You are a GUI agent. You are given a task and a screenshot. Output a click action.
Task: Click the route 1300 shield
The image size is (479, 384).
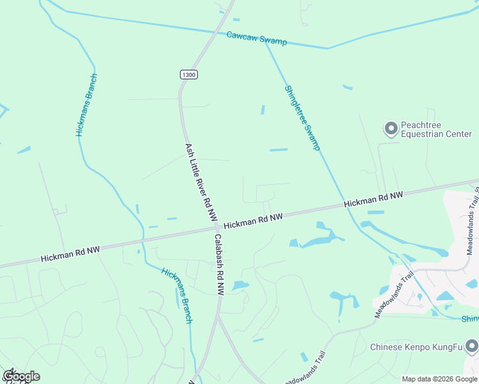click(x=188, y=75)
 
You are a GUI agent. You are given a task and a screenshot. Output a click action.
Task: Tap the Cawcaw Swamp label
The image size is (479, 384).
click(x=257, y=38)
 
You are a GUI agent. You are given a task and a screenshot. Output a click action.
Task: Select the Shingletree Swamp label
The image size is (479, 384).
click(x=302, y=118)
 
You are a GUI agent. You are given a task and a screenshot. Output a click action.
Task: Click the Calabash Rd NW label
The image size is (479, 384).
click(x=219, y=264)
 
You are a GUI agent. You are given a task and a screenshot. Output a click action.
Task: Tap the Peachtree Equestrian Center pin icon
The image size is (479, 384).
click(x=391, y=129)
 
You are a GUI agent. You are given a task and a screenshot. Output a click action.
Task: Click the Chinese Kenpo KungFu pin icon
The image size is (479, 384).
click(x=472, y=347)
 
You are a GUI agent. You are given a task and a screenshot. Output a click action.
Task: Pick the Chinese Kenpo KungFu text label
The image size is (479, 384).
click(x=416, y=348)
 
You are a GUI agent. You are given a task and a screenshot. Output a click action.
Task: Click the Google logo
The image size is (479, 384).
click(x=20, y=376)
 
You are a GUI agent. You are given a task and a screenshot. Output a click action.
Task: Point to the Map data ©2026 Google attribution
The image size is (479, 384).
click(x=440, y=379)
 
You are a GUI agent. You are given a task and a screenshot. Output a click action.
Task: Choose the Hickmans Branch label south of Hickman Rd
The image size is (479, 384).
click(x=177, y=294)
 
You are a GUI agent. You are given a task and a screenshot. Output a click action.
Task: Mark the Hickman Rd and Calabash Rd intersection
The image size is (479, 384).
click(x=217, y=227)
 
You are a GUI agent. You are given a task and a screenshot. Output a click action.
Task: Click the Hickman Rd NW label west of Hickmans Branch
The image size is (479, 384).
click(x=70, y=253)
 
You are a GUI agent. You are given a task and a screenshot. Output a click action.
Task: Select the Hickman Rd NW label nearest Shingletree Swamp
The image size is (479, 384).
click(x=373, y=199)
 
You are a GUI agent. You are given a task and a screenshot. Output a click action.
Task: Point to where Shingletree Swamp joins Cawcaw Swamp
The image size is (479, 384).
click(x=265, y=41)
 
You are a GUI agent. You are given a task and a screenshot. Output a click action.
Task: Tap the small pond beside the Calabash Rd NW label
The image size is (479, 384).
click(x=239, y=285)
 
